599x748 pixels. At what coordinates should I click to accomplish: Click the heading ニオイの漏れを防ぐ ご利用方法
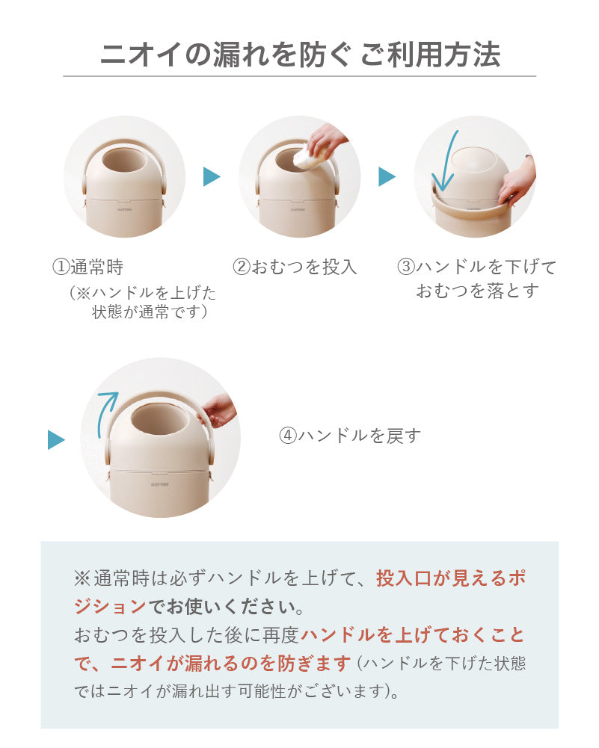300,54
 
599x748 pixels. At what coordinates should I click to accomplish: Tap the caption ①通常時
87,267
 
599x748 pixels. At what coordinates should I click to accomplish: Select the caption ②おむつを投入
295,267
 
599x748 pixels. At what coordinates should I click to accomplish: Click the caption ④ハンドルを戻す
350,436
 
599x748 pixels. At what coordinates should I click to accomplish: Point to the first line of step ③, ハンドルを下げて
477,267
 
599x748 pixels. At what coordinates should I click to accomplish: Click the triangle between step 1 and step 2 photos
212,176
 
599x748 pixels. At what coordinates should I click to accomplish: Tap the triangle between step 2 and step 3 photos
387,176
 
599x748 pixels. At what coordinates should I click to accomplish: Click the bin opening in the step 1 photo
123,161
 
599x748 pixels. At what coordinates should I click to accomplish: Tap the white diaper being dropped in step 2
309,157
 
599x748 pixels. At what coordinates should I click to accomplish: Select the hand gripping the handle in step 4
218,410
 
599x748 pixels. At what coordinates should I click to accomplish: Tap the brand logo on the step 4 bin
160,485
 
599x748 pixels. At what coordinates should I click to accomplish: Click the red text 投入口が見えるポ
451,578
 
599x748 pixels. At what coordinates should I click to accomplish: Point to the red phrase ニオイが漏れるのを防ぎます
231,663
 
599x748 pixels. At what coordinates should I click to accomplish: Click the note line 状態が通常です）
150,312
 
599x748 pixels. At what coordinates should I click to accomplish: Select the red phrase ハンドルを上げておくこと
413,635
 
